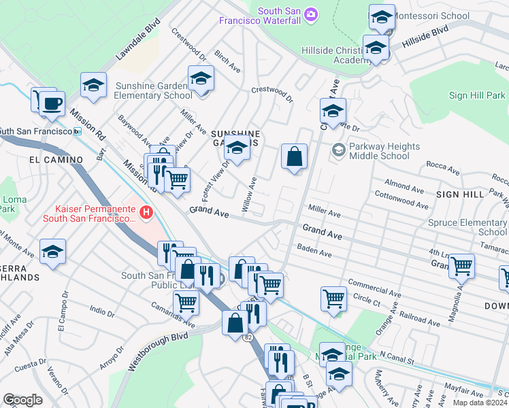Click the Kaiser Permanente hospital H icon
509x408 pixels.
pyautogui.click(x=145, y=214)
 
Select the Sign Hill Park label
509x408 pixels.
pyautogui.click(x=477, y=96)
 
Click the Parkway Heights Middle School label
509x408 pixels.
pyautogui.click(x=384, y=151)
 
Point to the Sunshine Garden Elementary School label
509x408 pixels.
pyautogui.click(x=154, y=90)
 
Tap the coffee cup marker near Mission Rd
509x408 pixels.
pyautogui.click(x=51, y=104)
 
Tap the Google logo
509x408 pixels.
pyautogui.click(x=22, y=400)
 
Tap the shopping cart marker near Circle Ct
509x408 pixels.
pyautogui.click(x=333, y=298)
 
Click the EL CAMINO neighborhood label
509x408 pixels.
pyautogui.click(x=56, y=160)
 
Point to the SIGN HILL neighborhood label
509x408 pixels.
pyautogui.click(x=460, y=194)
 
